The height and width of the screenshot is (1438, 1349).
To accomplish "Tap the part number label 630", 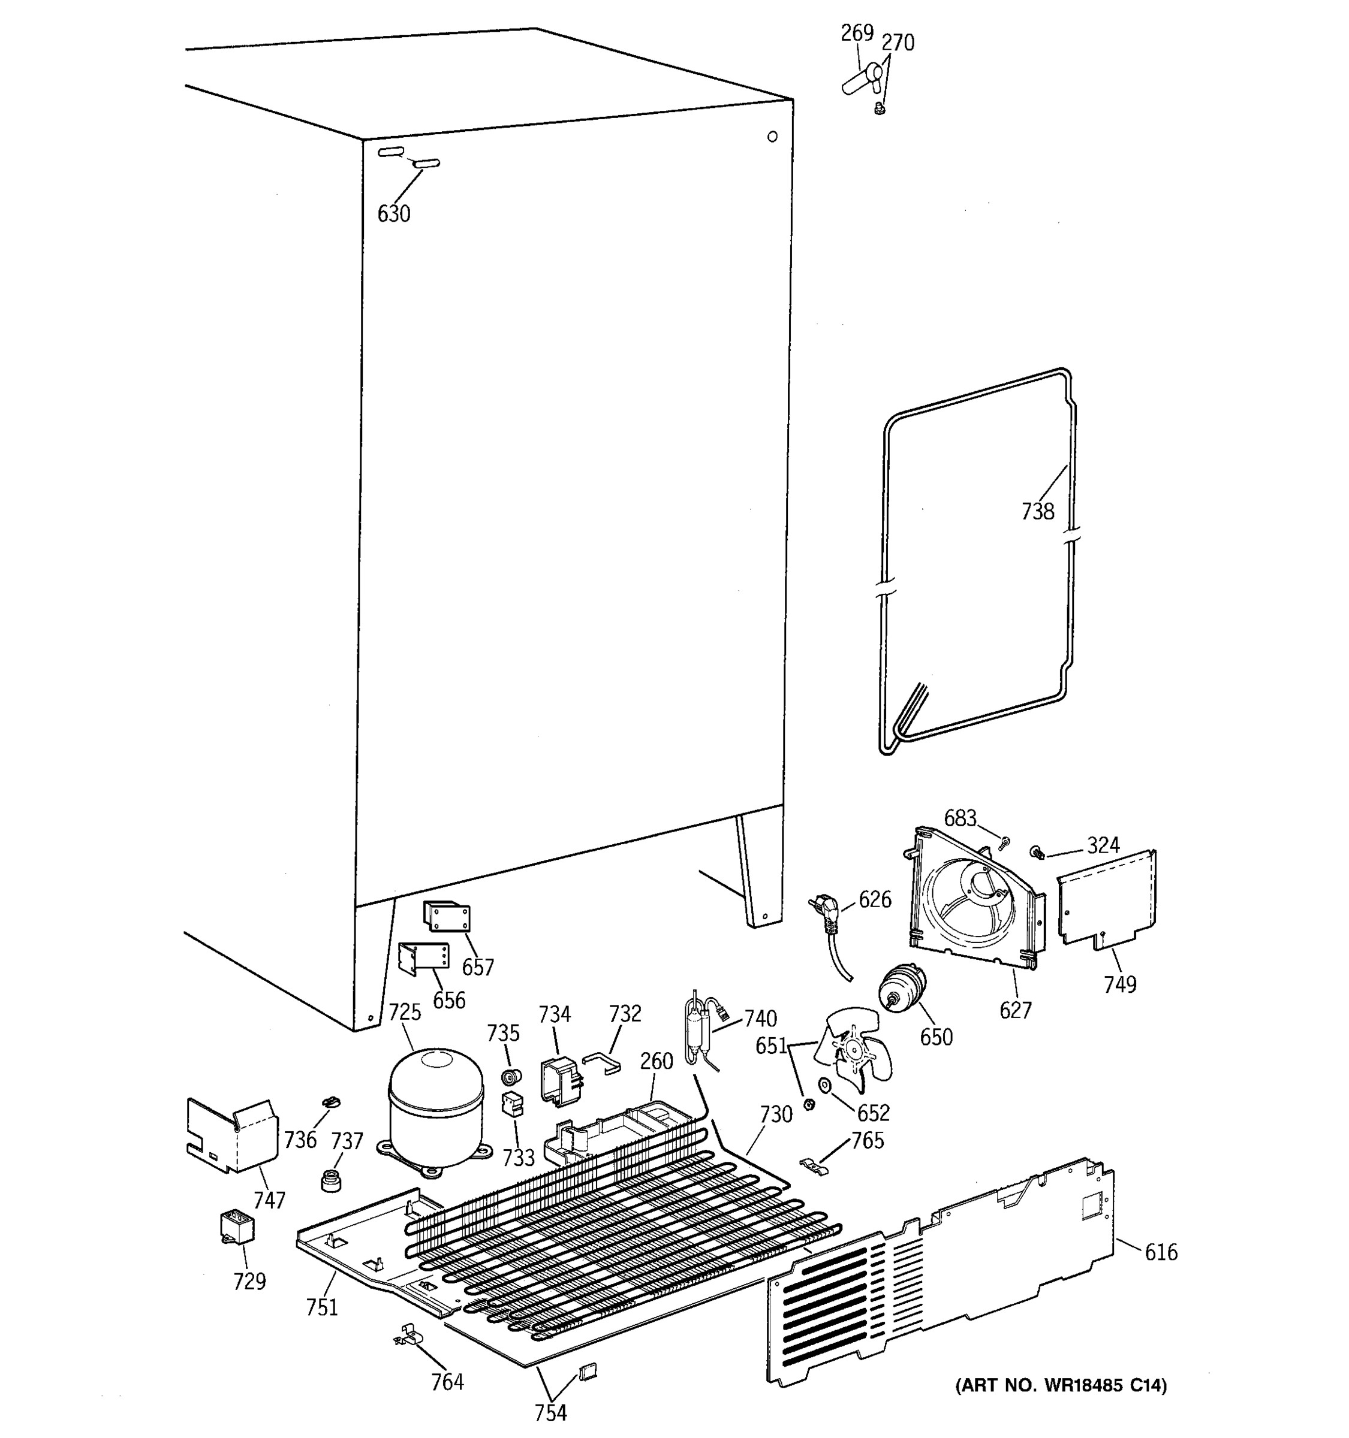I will point(394,214).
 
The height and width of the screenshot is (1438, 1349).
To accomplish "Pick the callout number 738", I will point(1038,512).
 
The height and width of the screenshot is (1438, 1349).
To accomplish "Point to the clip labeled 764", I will point(408,1333).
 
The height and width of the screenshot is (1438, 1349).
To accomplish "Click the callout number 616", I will point(1161,1252).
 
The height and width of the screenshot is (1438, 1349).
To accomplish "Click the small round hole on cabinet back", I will point(772,136).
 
